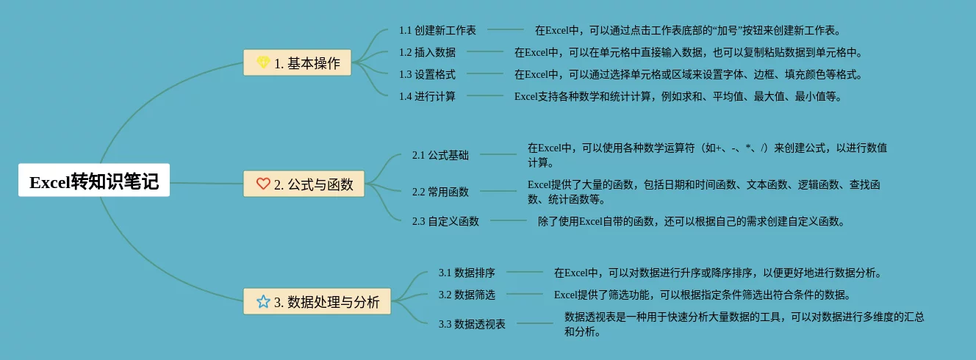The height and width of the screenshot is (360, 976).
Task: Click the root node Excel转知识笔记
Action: (x=94, y=181)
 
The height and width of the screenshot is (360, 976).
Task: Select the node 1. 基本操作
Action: (x=298, y=63)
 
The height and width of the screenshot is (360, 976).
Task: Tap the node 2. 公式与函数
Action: (x=304, y=184)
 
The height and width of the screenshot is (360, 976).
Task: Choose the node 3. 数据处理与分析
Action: (x=317, y=301)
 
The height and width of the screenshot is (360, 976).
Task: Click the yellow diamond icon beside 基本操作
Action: (x=263, y=63)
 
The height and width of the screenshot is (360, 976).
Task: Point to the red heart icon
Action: (x=263, y=184)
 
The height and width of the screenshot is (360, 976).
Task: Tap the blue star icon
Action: (x=263, y=301)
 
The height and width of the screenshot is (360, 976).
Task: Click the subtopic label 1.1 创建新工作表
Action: (x=437, y=30)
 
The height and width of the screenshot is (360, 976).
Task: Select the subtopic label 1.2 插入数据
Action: (x=427, y=52)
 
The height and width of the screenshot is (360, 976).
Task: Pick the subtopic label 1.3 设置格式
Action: (x=427, y=74)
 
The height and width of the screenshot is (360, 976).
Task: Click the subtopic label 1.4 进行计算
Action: (x=427, y=96)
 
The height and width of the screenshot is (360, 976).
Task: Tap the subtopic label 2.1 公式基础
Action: (x=440, y=155)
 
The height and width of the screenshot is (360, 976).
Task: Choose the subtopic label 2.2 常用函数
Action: (x=440, y=192)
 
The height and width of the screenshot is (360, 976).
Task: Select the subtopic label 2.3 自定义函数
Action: (x=445, y=221)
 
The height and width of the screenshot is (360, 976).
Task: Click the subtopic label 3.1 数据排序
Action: (x=467, y=273)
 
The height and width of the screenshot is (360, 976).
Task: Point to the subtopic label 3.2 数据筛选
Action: (x=467, y=295)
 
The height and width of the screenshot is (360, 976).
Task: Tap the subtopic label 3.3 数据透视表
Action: (x=472, y=324)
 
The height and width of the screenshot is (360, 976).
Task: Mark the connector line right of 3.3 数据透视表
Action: (x=534, y=323)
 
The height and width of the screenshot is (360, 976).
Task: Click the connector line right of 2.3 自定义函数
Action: (x=508, y=220)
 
